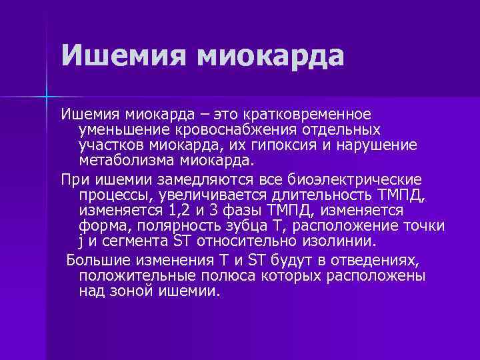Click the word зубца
point(247,225)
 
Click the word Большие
point(99,260)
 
